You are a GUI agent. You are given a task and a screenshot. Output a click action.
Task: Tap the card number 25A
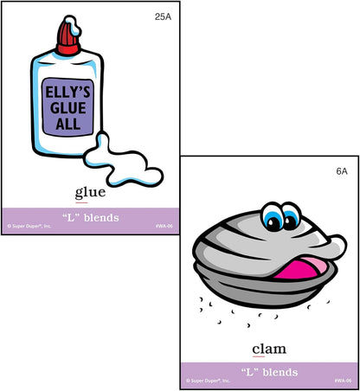point(163,16)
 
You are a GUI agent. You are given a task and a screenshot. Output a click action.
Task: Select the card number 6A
point(342,171)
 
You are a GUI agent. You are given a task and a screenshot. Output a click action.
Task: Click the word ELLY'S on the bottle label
point(68,92)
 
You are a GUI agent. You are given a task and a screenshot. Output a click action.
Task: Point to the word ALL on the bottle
point(68,124)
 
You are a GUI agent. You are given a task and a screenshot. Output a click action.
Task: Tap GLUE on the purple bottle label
point(68,108)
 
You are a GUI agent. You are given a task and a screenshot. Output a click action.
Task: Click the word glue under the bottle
point(90,193)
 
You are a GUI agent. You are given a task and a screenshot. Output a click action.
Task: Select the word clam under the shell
point(269,349)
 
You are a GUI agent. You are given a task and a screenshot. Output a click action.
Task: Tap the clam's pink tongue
point(300,269)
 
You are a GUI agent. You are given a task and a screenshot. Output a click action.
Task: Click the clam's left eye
point(273,219)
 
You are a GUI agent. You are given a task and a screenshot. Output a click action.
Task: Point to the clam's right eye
point(291,218)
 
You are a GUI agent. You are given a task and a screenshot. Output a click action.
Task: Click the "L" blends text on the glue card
point(91,217)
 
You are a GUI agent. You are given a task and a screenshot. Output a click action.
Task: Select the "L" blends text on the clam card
point(269,372)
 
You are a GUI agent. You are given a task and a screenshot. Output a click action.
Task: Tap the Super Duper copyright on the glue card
point(29,226)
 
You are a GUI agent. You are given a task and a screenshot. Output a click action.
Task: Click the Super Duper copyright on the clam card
point(208,381)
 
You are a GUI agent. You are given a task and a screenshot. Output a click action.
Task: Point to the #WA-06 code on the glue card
point(164,226)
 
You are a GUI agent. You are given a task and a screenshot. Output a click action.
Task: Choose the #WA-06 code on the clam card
point(344,381)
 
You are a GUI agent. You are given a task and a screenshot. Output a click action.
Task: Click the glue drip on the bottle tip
point(74,25)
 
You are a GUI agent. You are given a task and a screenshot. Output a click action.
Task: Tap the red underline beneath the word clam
point(259,356)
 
